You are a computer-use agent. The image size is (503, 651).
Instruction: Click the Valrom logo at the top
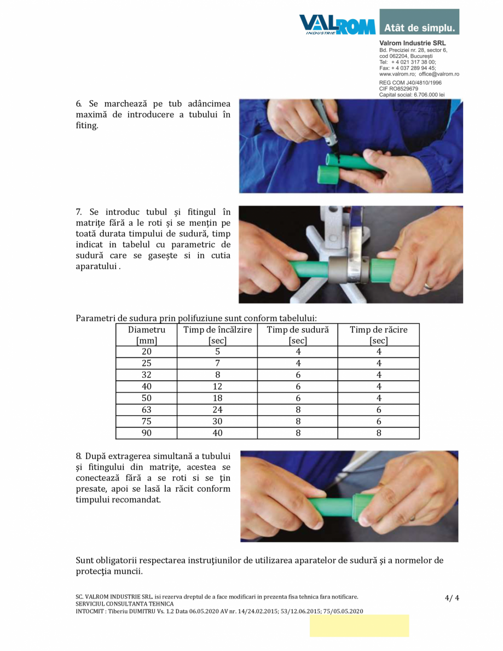(337, 25)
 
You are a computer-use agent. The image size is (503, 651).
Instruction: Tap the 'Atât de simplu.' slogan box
(419, 22)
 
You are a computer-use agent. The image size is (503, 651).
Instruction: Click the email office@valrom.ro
(439, 74)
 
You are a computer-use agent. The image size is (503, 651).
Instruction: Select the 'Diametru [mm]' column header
(147, 335)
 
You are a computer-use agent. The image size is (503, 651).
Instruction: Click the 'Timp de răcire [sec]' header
(378, 335)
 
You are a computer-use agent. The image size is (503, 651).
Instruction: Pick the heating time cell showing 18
(217, 398)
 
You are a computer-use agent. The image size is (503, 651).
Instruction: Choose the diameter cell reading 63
(147, 410)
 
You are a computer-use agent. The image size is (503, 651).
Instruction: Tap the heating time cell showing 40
(217, 433)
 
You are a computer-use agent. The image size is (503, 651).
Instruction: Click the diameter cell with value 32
(147, 375)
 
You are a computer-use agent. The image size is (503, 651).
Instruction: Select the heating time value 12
(217, 387)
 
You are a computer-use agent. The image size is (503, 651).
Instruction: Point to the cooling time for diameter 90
(378, 433)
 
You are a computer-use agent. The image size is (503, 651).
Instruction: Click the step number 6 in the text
(78, 104)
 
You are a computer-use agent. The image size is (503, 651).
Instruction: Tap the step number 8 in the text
(78, 456)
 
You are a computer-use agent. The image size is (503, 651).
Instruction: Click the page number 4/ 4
(452, 598)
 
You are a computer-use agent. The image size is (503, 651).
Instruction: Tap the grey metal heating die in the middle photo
(348, 270)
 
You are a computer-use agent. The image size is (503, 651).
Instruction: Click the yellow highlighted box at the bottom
(359, 626)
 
